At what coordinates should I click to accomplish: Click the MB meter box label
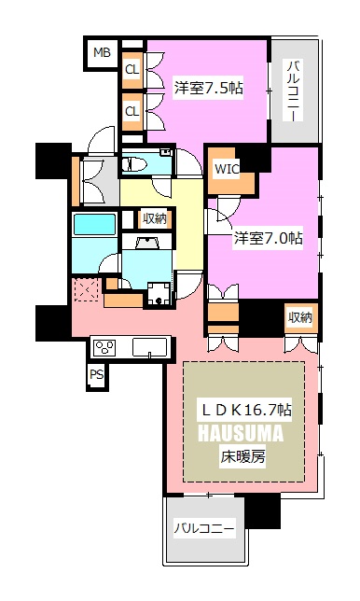point(102,52)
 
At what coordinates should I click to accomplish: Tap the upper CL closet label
point(132,70)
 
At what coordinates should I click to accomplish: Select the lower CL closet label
point(132,111)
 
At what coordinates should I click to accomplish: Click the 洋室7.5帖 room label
point(208,89)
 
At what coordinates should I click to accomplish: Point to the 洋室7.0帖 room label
point(268,238)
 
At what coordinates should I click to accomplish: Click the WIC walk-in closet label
point(227,169)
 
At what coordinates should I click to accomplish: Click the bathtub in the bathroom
point(94,224)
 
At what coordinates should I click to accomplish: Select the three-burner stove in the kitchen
point(104,348)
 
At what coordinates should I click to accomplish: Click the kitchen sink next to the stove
point(150,347)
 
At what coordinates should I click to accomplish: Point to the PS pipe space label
point(96,374)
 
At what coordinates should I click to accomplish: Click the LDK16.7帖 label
point(246,410)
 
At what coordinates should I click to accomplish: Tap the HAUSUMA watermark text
point(241,433)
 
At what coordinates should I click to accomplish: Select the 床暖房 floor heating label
point(242,456)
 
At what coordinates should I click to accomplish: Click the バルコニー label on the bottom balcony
point(203,529)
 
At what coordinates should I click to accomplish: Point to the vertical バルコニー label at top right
point(294,91)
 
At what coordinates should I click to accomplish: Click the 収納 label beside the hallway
point(155,218)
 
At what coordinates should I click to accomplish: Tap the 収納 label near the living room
point(300,317)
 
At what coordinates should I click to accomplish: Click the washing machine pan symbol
point(159,294)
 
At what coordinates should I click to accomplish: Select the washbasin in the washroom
point(147,243)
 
